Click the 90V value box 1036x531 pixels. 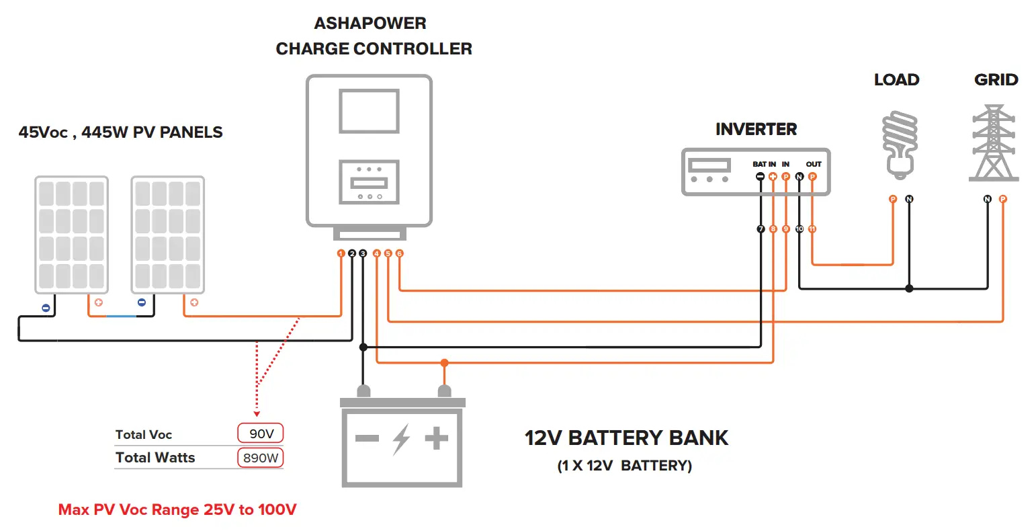(x=261, y=434)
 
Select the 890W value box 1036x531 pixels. (x=261, y=458)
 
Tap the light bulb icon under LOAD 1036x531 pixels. (x=899, y=145)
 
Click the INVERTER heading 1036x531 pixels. (x=756, y=129)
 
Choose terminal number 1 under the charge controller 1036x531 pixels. (x=341, y=253)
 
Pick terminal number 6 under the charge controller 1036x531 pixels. (x=399, y=253)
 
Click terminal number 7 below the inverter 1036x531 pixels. (x=761, y=229)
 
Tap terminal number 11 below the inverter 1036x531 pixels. (x=812, y=229)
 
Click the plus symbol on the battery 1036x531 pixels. (x=436, y=439)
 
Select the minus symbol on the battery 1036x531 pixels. (x=367, y=439)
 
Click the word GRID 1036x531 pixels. (x=996, y=80)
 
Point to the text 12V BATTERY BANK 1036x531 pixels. (x=626, y=438)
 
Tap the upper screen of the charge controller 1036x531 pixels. (x=369, y=112)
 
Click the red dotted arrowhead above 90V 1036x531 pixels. (x=257, y=413)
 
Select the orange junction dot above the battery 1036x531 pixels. (x=444, y=363)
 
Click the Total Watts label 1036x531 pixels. (x=155, y=458)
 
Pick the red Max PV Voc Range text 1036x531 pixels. (x=177, y=509)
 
